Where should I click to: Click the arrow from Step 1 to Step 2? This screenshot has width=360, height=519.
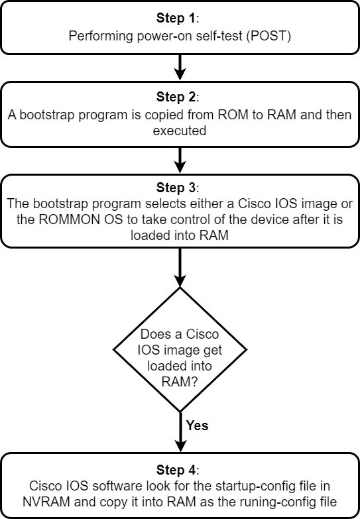180,66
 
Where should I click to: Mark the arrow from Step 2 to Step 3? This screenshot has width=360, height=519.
180,160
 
